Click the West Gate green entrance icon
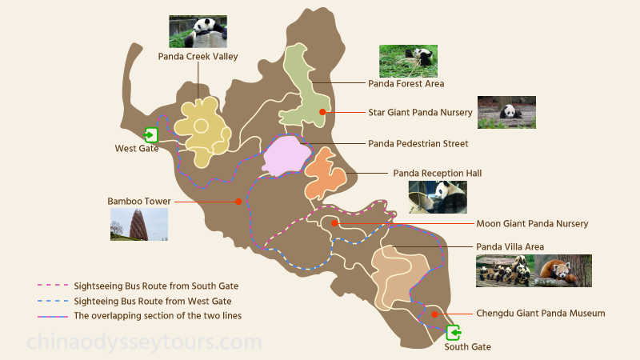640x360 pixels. point(151,134)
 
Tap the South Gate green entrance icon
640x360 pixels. point(454,332)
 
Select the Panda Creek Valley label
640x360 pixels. point(198,57)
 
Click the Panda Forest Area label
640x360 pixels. point(406,83)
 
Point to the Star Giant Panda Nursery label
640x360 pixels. point(418,113)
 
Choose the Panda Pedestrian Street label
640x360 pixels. point(418,144)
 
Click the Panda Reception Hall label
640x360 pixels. point(437,173)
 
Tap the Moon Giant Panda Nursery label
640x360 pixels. point(532,224)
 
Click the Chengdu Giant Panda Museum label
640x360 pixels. point(540,314)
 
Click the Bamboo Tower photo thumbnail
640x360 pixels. point(139,224)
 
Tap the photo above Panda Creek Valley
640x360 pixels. point(198,32)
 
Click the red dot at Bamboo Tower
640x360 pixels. point(238,202)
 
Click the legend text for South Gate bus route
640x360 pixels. point(156,286)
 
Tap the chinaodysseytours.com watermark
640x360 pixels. point(144,342)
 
